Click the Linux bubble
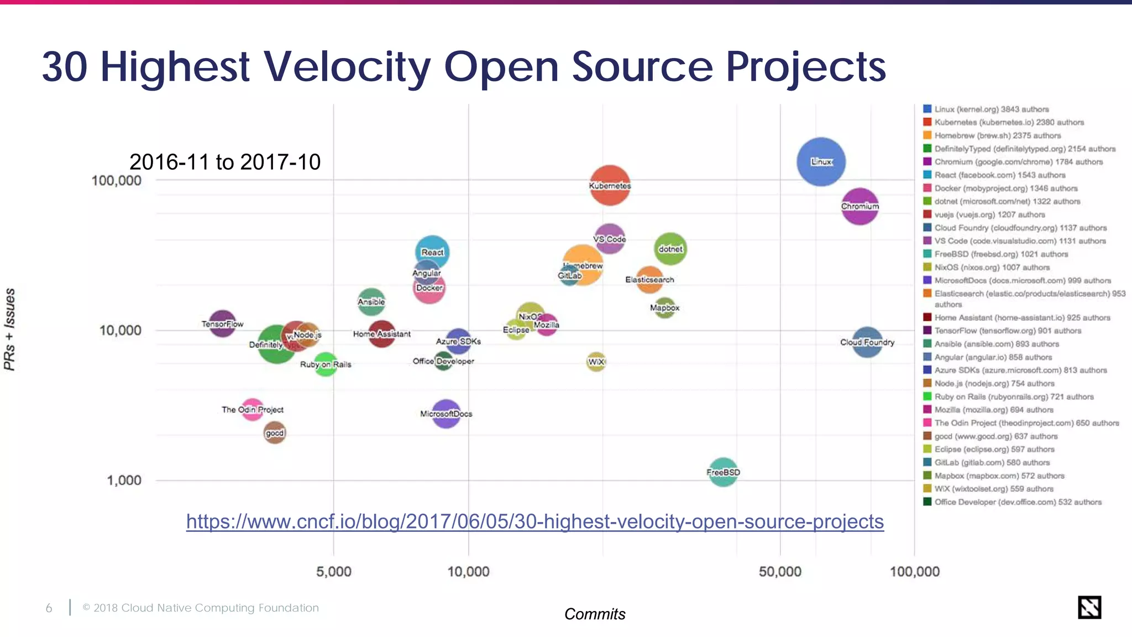[x=821, y=161]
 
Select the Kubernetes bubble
[x=610, y=185]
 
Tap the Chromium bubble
[x=860, y=206]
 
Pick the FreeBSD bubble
[x=723, y=472]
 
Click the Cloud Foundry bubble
[x=867, y=342]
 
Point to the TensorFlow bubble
[x=222, y=324]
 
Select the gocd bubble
[x=275, y=433]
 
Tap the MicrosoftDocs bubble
[x=446, y=414]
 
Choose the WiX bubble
[x=596, y=362]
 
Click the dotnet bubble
[x=670, y=249]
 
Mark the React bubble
[x=432, y=252]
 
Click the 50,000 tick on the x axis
[x=780, y=571]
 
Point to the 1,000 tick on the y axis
[x=124, y=480]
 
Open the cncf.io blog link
[x=534, y=521]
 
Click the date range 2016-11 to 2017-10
[x=225, y=162]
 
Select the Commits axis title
[x=595, y=614]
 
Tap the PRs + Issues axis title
[x=10, y=329]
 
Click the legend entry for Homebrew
[x=997, y=135]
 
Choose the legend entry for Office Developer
[x=1018, y=502]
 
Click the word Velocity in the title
[x=346, y=66]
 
